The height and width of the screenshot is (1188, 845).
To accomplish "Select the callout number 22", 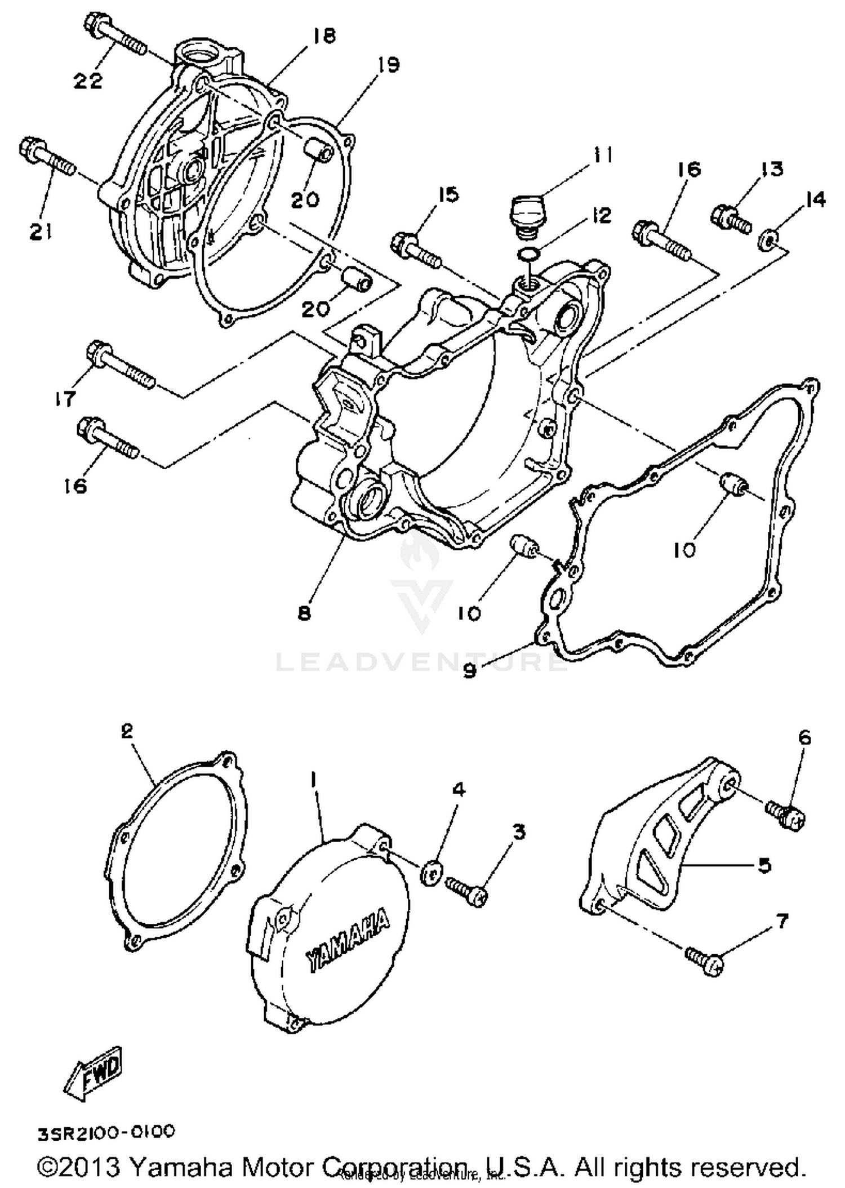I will click(88, 81).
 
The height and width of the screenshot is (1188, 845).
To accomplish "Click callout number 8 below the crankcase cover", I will click(304, 613).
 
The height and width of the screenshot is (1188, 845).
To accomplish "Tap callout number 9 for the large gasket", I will click(470, 671).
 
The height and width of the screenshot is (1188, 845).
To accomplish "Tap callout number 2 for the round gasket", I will click(127, 731).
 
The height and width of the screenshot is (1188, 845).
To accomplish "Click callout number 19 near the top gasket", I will click(389, 65).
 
